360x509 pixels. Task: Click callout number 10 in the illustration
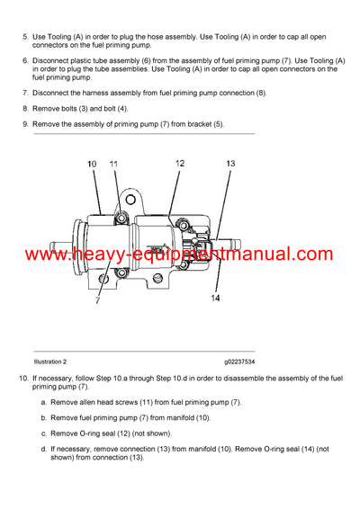pyautogui.click(x=92, y=164)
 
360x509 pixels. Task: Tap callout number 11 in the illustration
pyautogui.click(x=113, y=164)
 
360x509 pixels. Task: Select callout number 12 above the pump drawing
pyautogui.click(x=179, y=163)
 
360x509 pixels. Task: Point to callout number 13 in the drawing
pyautogui.click(x=230, y=164)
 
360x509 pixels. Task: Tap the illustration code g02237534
pyautogui.click(x=239, y=360)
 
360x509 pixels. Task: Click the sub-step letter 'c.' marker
pyautogui.click(x=44, y=433)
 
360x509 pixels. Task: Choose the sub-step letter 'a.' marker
pyautogui.click(x=44, y=402)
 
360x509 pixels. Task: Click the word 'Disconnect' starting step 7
pyautogui.click(x=50, y=93)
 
